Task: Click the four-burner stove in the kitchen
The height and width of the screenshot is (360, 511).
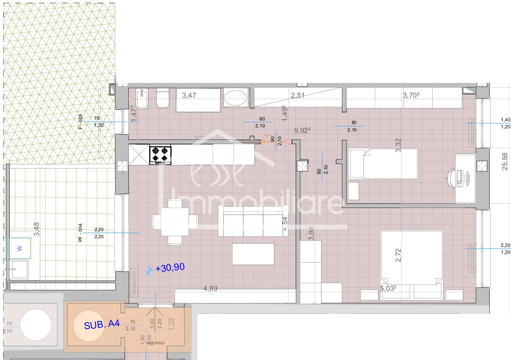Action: click(160, 155)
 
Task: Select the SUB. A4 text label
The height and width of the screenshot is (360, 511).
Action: click(102, 325)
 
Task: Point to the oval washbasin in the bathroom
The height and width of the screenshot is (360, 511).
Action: click(237, 98)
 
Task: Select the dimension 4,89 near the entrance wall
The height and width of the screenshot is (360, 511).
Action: click(211, 288)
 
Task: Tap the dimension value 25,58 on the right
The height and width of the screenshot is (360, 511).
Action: click(505, 162)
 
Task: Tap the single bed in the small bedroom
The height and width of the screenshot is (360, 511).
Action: click(383, 163)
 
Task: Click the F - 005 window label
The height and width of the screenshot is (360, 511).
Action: click(80, 121)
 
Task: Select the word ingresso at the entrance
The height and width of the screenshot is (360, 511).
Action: click(156, 343)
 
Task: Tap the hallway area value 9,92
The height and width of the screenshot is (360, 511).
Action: click(301, 131)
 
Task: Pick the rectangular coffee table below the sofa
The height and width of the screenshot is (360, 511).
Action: click(253, 254)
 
